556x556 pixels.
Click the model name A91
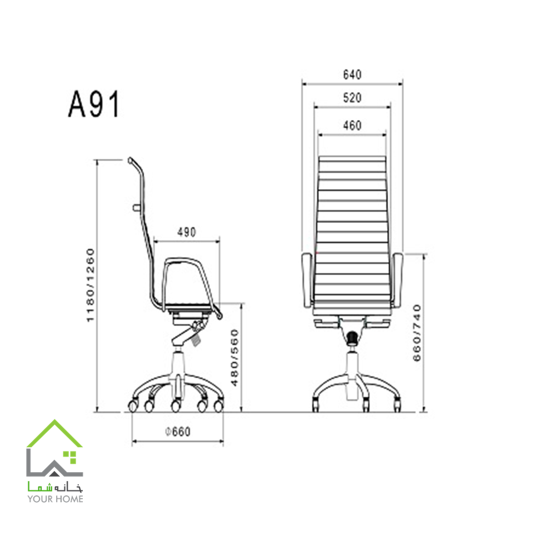(94, 104)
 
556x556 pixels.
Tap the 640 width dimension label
(352, 75)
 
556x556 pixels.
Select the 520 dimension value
(352, 98)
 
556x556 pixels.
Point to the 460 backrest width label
(352, 126)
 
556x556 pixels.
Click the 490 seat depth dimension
(187, 232)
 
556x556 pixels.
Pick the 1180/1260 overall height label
(91, 285)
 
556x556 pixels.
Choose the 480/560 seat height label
(235, 358)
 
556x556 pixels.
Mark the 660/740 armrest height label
(417, 333)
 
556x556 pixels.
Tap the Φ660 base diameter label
(178, 432)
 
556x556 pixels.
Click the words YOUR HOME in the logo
(56, 499)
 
